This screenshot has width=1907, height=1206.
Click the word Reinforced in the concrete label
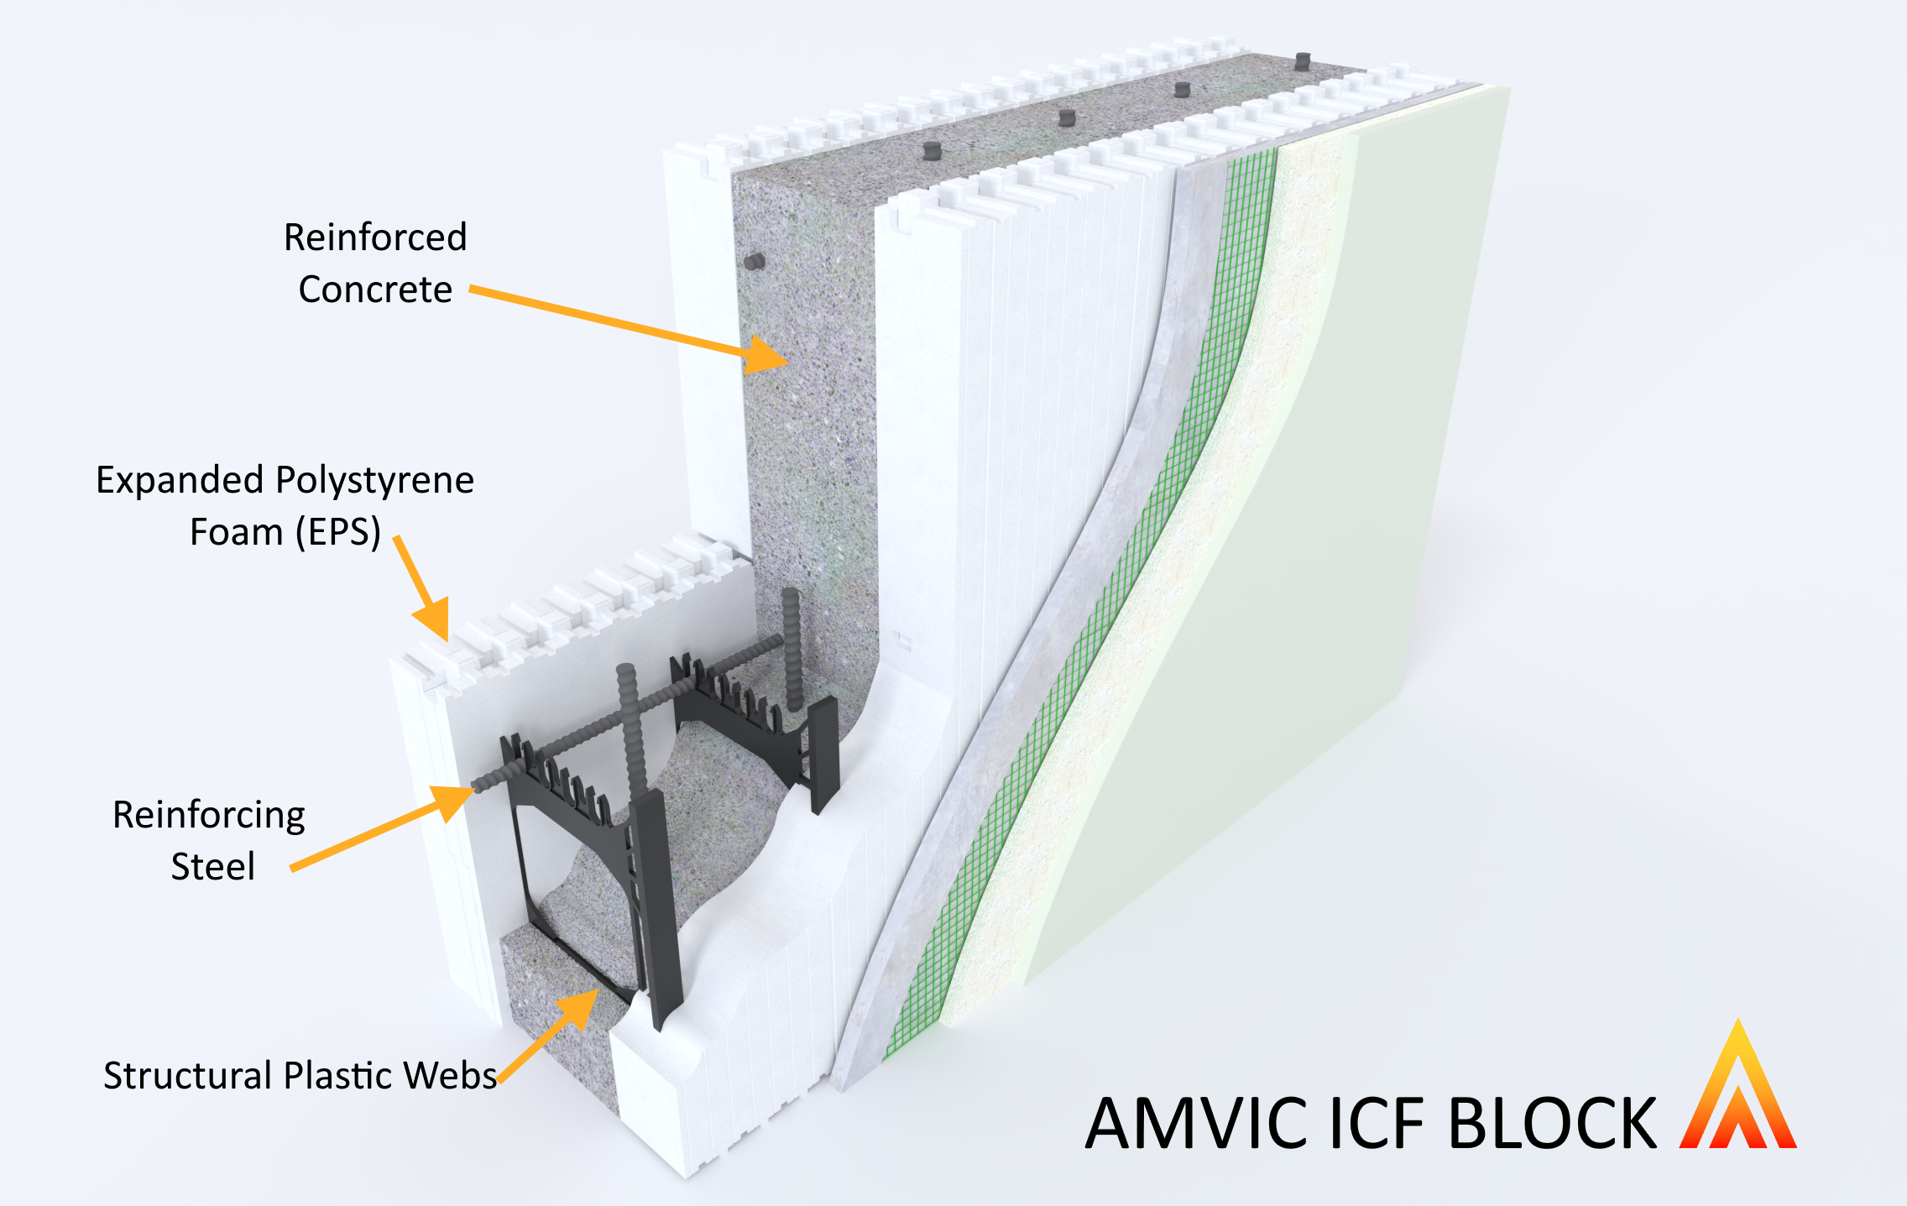375,238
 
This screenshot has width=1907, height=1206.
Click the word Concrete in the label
375,290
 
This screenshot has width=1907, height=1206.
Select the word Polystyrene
374,481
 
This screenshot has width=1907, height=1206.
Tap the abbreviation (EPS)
337,532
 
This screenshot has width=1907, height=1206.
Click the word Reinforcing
209,816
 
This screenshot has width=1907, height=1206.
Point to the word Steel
212,867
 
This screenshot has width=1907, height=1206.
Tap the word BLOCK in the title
1553,1123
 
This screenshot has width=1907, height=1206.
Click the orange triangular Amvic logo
1737,1091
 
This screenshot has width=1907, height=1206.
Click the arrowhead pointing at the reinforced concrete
765,355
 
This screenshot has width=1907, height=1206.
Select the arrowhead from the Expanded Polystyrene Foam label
434,621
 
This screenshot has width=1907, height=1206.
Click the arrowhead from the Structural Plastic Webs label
580,1007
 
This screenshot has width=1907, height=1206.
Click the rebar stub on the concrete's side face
755,261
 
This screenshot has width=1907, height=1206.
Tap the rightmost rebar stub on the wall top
1302,61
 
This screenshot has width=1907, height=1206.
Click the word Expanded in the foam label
180,481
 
